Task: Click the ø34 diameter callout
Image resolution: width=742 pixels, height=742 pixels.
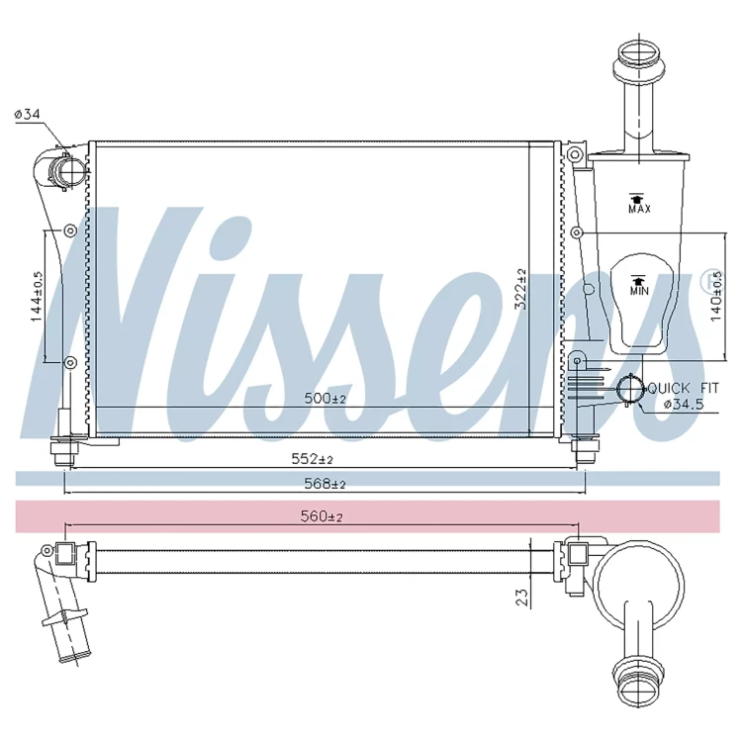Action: tap(27, 114)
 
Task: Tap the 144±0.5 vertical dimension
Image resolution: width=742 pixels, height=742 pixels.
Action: tap(37, 297)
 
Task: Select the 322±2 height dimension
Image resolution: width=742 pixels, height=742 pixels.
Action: tap(520, 289)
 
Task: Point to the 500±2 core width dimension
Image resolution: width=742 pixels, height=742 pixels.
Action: tap(325, 398)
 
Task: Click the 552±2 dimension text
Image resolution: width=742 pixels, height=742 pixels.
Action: tap(312, 458)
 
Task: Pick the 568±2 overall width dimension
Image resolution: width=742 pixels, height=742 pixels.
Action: tap(325, 484)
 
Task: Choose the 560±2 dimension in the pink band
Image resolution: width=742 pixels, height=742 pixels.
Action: tap(322, 516)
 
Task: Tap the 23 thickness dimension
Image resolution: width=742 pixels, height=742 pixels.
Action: tap(521, 598)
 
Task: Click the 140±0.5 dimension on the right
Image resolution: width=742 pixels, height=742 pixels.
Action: tap(716, 297)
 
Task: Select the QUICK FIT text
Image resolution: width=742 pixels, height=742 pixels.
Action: tap(683, 389)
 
